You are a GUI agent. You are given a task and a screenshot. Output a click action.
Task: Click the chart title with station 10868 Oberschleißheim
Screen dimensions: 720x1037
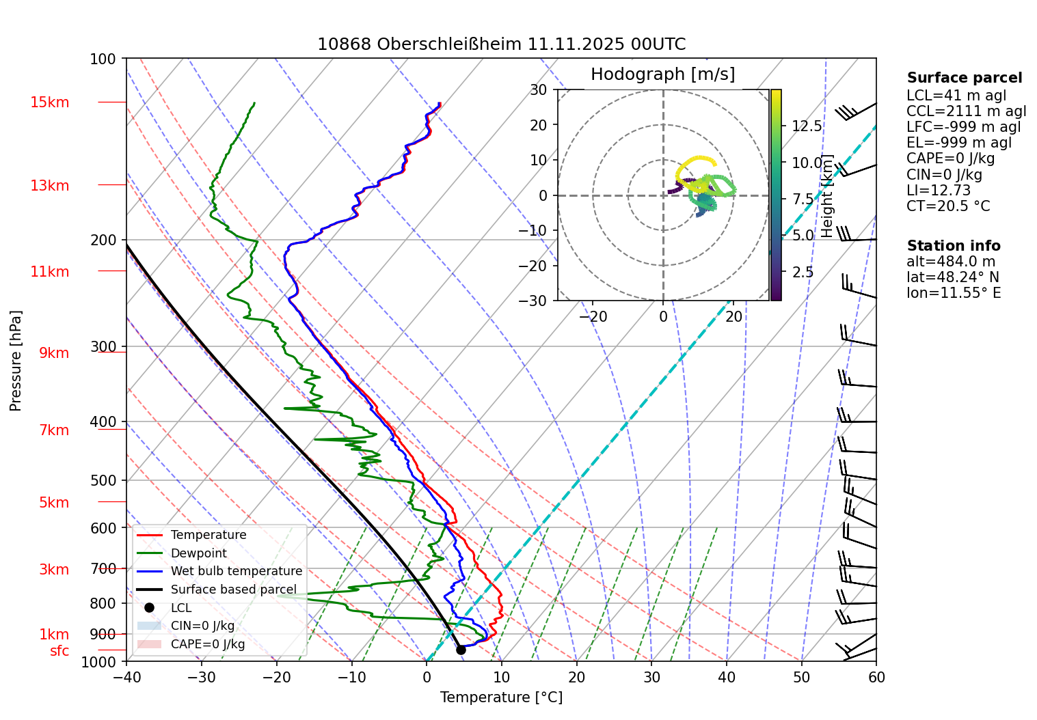pos(501,44)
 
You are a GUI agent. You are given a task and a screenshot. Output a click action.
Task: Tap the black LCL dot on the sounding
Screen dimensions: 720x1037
pos(461,650)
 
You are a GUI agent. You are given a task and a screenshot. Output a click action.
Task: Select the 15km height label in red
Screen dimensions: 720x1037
pos(49,102)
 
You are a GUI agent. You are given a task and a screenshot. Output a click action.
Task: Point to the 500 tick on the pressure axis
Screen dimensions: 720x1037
pos(103,480)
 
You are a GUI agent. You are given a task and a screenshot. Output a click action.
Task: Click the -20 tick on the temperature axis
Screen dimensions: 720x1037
pos(276,677)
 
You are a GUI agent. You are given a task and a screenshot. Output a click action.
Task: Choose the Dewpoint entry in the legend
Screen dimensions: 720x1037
pos(198,553)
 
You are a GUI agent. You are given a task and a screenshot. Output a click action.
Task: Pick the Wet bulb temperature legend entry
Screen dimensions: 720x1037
pos(236,571)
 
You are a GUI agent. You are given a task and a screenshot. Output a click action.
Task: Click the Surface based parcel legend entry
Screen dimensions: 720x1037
pos(233,590)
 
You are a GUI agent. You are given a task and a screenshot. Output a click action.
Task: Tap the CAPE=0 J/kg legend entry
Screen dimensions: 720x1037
pos(207,644)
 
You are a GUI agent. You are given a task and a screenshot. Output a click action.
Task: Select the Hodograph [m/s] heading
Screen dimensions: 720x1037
pos(662,74)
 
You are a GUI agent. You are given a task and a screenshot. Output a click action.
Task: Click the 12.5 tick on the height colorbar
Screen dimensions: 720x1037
pos(807,126)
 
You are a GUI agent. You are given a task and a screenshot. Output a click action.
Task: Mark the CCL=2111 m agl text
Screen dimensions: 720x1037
pos(966,111)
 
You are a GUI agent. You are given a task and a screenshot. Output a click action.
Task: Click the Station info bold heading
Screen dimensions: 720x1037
pos(954,246)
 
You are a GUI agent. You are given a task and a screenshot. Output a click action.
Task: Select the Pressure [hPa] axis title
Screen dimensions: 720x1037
pos(16,361)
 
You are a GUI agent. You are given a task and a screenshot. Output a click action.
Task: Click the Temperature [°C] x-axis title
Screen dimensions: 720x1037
pos(501,697)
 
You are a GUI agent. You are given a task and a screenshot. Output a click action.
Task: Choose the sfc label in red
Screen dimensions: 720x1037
pos(59,651)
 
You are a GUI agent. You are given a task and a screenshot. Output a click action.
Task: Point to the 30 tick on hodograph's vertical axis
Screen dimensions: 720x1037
pos(539,90)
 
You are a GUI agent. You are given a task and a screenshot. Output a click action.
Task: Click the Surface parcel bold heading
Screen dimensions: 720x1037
pos(965,78)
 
